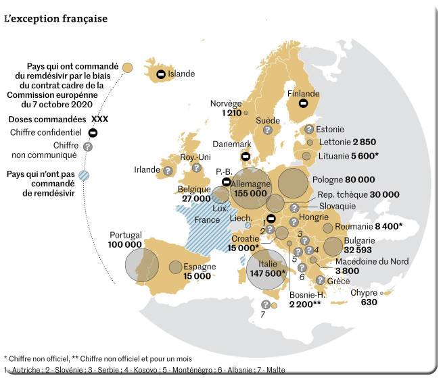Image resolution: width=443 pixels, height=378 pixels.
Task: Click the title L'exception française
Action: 55,18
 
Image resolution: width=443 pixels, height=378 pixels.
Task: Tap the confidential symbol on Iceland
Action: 161,74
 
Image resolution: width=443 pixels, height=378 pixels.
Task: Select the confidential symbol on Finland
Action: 304,105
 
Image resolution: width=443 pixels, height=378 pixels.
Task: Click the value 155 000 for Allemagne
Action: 250,193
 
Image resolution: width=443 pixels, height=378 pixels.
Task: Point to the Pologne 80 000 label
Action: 344,180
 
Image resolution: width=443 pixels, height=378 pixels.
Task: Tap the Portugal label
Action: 125,235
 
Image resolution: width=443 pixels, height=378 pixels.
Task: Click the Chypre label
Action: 364,292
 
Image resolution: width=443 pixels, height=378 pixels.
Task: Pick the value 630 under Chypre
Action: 369,302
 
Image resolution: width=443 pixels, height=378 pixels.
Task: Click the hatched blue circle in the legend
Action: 84,175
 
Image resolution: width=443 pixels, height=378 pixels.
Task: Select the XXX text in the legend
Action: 99,119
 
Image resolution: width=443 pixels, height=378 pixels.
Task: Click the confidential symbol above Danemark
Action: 245,156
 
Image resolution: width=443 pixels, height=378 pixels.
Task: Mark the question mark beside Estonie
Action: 309,129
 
